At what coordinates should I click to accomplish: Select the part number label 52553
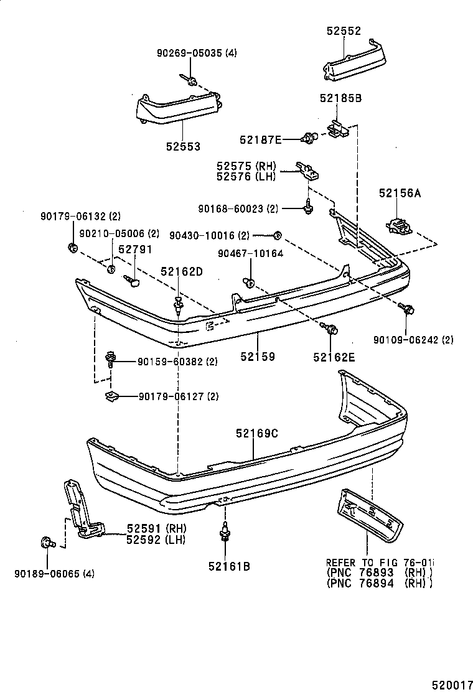[x=183, y=147]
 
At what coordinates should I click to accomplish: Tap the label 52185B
[x=340, y=98]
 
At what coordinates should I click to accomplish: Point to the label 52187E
[x=261, y=139]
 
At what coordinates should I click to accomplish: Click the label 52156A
[x=399, y=194]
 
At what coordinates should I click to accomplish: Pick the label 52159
[x=258, y=357]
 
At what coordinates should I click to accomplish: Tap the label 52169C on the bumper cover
[x=256, y=434]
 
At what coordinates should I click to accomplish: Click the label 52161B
[x=229, y=566]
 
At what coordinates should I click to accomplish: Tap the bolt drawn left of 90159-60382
[x=111, y=358]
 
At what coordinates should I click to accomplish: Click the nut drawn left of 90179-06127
[x=111, y=395]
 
